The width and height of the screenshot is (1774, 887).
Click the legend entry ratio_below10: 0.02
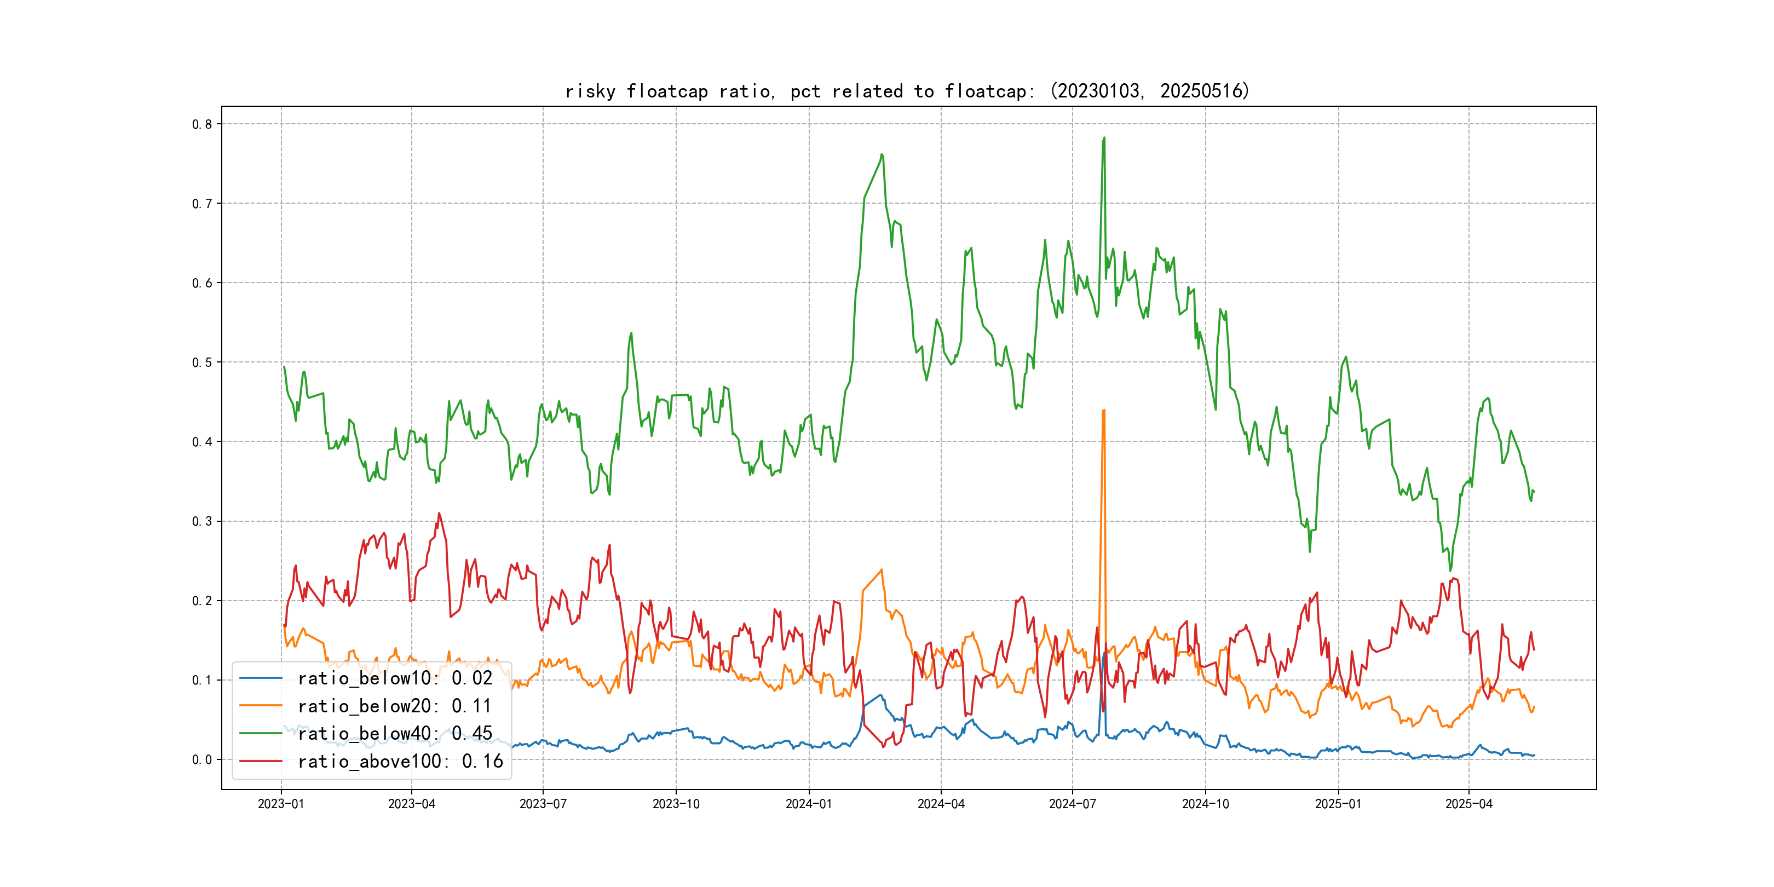(x=395, y=678)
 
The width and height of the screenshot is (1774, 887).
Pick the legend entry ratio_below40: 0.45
(x=395, y=734)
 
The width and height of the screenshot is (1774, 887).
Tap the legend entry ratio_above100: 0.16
(x=400, y=761)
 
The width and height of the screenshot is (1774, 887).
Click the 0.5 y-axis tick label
(x=202, y=363)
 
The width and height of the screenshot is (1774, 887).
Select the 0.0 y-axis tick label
(x=202, y=759)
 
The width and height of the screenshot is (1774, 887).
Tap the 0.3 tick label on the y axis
(x=202, y=521)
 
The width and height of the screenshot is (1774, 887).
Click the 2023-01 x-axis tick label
(x=281, y=804)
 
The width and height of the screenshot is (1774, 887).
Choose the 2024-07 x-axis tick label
(x=1072, y=804)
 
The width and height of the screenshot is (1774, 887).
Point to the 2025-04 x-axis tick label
(x=1469, y=804)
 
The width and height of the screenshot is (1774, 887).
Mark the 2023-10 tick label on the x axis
(x=676, y=804)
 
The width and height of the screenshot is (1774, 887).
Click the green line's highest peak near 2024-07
(x=1104, y=138)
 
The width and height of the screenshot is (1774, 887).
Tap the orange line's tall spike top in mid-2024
(x=1104, y=411)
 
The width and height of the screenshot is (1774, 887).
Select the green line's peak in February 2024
(x=882, y=154)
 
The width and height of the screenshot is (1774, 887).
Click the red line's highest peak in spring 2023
(x=439, y=513)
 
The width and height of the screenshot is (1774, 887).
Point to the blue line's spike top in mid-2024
(x=1104, y=653)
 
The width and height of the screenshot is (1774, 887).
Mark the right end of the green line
(x=1534, y=492)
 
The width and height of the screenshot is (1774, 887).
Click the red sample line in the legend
(x=260, y=761)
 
